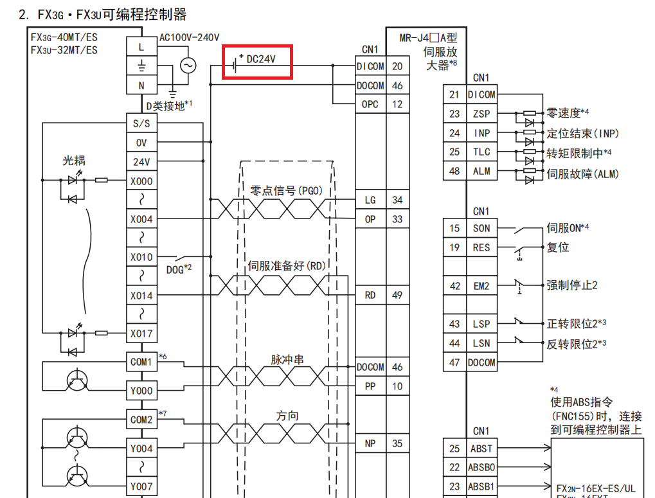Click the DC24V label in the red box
(261, 60)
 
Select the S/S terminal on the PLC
(141, 124)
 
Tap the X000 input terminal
(141, 181)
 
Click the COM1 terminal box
(141, 362)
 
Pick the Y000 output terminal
(141, 390)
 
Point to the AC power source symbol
(188, 66)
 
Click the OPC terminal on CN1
(370, 104)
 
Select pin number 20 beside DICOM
(397, 66)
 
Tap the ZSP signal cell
(481, 114)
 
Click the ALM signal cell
(481, 171)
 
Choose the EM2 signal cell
(481, 286)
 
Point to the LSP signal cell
(481, 325)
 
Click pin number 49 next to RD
(397, 295)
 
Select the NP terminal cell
(370, 443)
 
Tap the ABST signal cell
(481, 449)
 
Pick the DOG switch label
(175, 270)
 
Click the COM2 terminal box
(141, 420)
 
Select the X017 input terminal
(141, 333)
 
